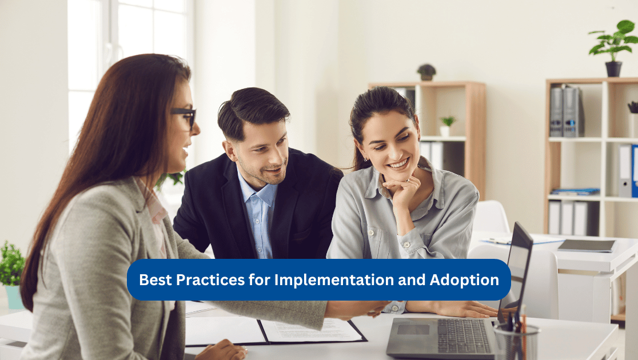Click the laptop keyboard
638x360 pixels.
[x=463, y=335]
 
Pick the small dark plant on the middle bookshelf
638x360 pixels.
[x=426, y=72]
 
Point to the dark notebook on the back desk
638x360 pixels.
[x=587, y=245]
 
